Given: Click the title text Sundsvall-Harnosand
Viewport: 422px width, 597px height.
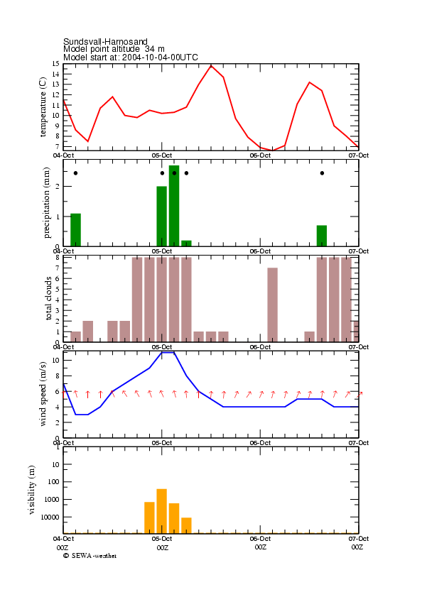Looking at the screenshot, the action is pos(105,41).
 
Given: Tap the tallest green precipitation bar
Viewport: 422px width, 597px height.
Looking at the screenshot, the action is pos(174,206).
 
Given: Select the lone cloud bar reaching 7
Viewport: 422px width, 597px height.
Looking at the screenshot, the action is pos(273,305).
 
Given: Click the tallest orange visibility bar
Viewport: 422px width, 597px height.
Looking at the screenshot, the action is pos(162,511).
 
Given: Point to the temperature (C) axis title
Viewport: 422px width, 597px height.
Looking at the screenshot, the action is pos(43,107).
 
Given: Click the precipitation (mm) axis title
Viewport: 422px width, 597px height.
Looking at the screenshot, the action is pos(46,203).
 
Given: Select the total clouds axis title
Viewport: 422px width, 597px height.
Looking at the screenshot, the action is pos(48,298).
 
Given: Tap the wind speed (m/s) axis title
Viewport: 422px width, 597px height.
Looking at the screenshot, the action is pos(43,394).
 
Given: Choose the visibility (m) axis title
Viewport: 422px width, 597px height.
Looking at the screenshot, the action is pos(31,490).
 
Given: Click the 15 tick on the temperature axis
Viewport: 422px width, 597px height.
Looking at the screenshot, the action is pos(56,64).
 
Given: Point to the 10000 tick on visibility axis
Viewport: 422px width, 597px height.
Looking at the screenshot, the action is pos(52,517).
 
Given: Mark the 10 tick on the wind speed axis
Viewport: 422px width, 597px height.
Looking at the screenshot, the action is pos(56,360).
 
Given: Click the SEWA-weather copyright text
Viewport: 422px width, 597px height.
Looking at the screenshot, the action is pos(90,556).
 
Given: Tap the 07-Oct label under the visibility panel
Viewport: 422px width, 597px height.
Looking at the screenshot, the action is pos(358,539).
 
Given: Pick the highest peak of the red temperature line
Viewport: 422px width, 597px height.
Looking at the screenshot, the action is pos(211,65).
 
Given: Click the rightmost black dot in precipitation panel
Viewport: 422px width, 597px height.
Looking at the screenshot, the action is pos(322,173).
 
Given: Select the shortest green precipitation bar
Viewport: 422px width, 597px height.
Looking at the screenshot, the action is pos(186,243).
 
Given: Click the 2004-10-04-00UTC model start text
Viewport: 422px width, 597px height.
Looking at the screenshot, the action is pos(160,57).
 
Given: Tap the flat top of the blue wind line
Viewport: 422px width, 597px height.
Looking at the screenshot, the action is pos(168,353).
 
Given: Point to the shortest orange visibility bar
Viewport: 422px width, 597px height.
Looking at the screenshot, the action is pos(186,525).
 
